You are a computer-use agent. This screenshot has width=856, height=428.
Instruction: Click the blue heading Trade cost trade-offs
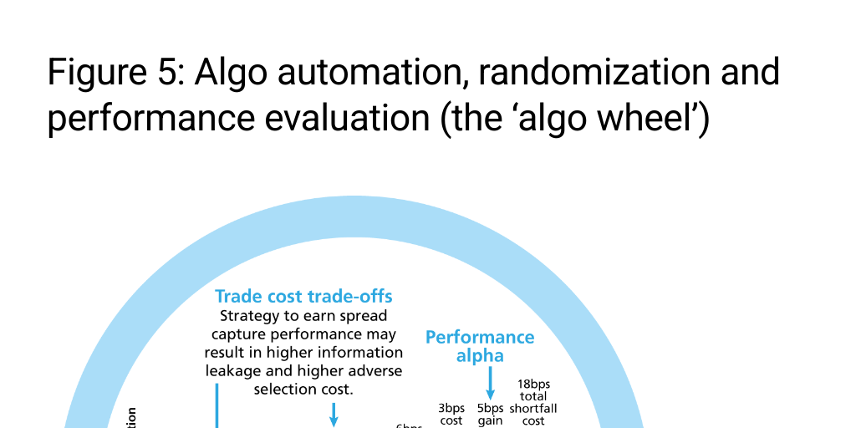click(x=303, y=297)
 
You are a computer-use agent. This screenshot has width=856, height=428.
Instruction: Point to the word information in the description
click(x=359, y=353)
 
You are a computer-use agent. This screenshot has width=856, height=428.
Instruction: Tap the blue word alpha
click(x=480, y=356)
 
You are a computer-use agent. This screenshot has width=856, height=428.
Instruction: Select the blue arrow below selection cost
click(x=334, y=414)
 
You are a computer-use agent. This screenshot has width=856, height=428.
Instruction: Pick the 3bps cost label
click(x=451, y=415)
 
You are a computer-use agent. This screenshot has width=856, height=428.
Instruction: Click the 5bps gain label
click(x=490, y=415)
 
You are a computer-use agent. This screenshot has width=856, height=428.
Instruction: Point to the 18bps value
click(x=533, y=385)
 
